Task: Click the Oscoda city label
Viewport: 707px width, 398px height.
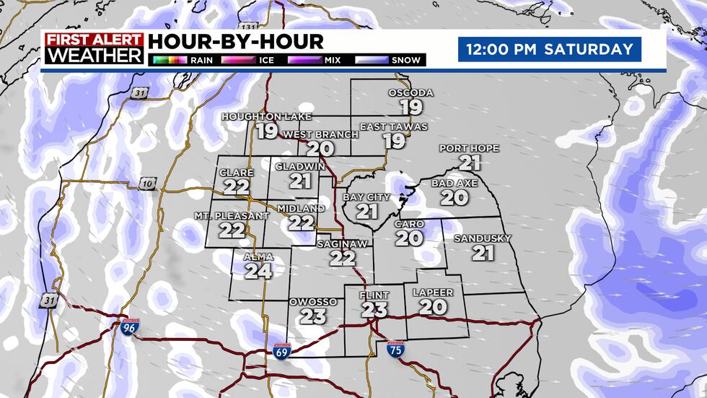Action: point(410,92)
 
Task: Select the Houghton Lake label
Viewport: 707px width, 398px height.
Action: point(256,116)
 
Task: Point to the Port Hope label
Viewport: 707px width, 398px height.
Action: point(469,148)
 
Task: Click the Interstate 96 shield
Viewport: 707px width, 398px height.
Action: point(128,328)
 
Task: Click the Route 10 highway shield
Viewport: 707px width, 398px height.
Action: point(147,184)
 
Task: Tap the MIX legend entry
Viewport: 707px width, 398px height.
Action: point(322,60)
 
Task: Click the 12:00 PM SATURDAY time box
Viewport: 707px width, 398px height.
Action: point(549,50)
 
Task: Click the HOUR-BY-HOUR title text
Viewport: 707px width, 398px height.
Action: point(236,41)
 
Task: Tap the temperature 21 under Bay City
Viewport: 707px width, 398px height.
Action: point(367,212)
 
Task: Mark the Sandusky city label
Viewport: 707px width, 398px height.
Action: point(483,238)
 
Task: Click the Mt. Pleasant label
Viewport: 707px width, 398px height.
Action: point(232,216)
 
